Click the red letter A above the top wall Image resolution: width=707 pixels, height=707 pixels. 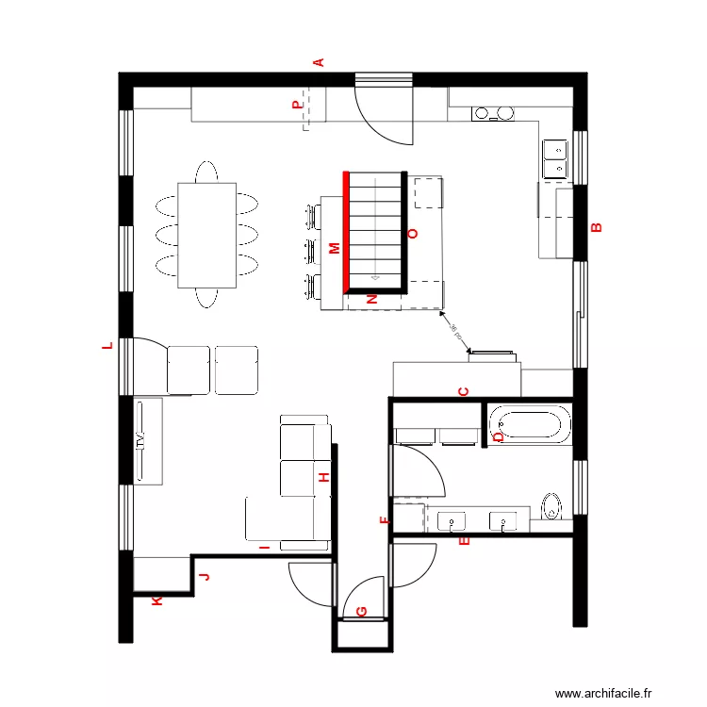[x=319, y=62]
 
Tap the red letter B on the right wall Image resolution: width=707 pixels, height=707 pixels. [x=595, y=226]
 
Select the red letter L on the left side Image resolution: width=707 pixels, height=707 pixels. [x=107, y=346]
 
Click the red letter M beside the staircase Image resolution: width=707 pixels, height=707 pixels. [x=334, y=248]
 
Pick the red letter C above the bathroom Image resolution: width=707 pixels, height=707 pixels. [x=463, y=391]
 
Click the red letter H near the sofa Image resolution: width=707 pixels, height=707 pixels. [x=323, y=478]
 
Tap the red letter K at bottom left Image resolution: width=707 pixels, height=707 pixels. [x=156, y=600]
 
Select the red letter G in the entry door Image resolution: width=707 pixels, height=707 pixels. [x=361, y=612]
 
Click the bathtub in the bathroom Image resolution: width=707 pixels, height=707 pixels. [x=528, y=424]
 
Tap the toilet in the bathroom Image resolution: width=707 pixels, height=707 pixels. [x=552, y=506]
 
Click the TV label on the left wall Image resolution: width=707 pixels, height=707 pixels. [x=140, y=441]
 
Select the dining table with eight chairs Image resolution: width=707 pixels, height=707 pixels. [x=206, y=235]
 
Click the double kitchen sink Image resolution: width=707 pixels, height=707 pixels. [x=554, y=157]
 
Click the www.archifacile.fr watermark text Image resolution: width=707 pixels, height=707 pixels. [x=603, y=693]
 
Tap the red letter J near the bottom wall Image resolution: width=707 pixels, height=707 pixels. [x=204, y=577]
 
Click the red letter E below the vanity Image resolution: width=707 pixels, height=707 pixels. [x=462, y=541]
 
